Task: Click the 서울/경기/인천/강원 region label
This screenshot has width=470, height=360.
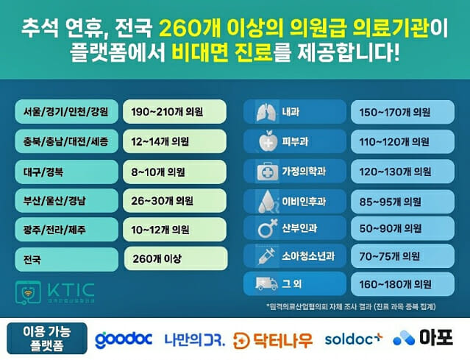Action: [65, 113]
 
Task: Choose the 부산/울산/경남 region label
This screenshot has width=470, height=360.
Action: [65, 200]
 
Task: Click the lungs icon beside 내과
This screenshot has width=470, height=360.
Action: [263, 113]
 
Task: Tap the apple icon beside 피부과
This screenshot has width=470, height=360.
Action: [263, 141]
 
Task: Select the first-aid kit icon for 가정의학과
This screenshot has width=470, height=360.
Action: [263, 171]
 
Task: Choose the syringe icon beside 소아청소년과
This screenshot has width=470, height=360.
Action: [263, 257]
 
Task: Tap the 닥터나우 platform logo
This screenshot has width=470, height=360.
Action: [273, 339]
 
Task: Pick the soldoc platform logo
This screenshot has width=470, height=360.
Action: [355, 339]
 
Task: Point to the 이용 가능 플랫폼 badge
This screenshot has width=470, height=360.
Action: [45, 339]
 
